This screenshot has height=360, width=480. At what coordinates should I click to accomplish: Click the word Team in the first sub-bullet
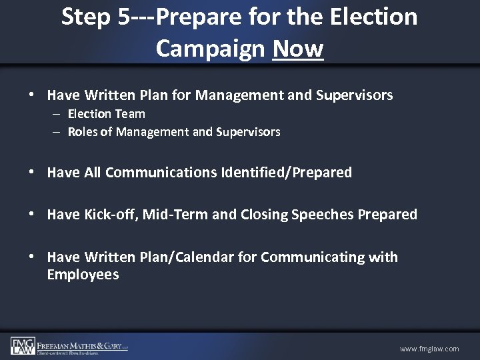tap(131, 114)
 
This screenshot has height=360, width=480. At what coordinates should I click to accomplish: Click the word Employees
tap(83, 274)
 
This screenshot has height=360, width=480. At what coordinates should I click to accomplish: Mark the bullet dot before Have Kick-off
tap(32, 215)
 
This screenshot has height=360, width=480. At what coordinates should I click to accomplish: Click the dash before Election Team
tap(59, 114)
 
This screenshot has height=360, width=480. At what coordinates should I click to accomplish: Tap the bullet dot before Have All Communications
tap(32, 173)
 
